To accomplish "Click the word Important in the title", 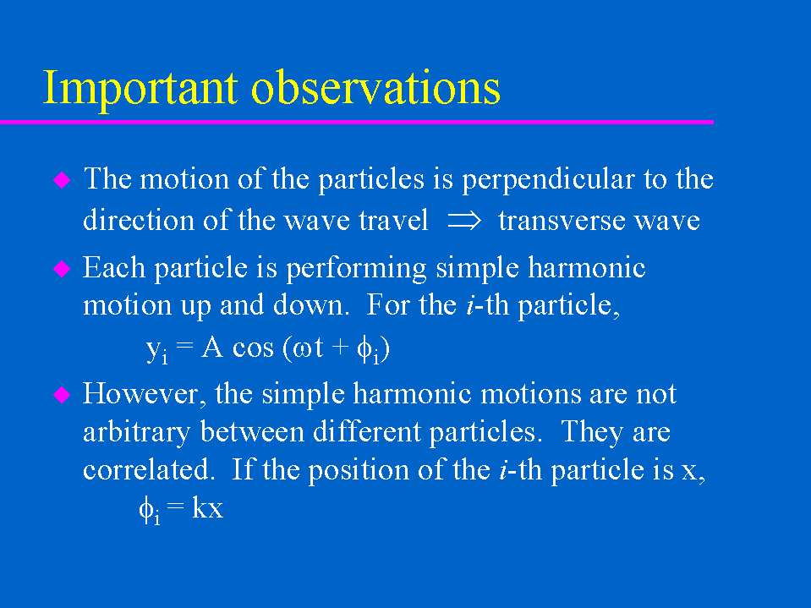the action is click(140, 89).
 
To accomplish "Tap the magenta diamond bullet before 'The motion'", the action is click(62, 180).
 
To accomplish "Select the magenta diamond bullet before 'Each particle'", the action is click(62, 268).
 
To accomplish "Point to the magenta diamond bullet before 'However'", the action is click(62, 395).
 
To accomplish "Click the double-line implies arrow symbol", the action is click(464, 221).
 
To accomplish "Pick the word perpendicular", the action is click(548, 180).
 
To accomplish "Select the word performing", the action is click(356, 269).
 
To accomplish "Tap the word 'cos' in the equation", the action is click(253, 348).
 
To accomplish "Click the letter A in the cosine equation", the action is click(212, 347).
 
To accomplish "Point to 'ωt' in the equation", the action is click(309, 348).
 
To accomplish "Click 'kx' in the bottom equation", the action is click(207, 507).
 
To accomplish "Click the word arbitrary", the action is click(136, 433).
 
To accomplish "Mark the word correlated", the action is click(149, 470).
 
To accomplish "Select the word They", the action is click(592, 432).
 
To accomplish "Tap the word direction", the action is click(139, 220).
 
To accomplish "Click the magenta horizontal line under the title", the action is click(357, 122).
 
